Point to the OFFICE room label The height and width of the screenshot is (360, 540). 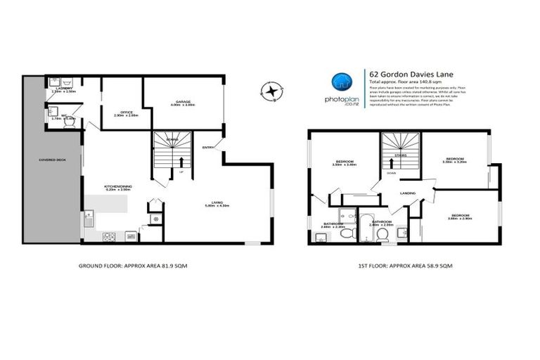tap(127, 112)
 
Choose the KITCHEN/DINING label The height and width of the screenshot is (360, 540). tap(118, 188)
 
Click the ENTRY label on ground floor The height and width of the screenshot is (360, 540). tap(208, 148)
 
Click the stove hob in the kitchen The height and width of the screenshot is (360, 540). tap(109, 237)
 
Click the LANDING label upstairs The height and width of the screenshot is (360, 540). tap(406, 192)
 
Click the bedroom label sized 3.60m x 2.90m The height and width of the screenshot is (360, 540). tap(461, 216)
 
